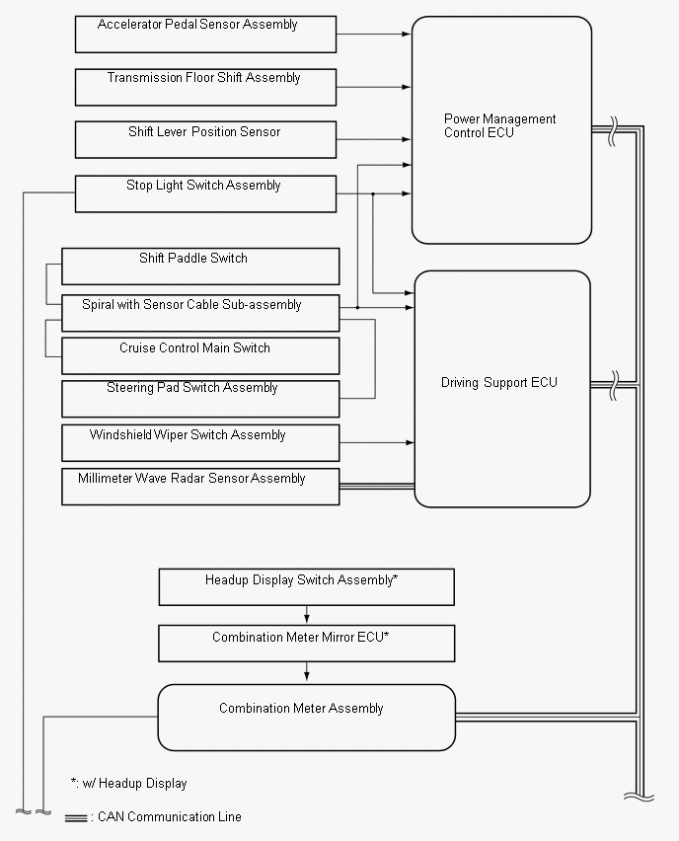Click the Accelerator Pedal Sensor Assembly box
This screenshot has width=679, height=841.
click(205, 35)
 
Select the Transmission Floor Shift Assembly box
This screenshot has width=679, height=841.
click(205, 87)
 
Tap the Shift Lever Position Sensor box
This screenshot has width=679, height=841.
click(205, 139)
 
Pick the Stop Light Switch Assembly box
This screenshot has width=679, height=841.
click(205, 193)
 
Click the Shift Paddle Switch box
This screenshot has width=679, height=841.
click(200, 267)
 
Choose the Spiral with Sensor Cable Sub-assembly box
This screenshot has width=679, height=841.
click(200, 313)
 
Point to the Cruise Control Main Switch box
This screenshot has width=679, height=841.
click(200, 355)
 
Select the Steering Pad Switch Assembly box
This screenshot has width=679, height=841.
click(200, 399)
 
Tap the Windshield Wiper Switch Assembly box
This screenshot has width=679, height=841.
click(200, 442)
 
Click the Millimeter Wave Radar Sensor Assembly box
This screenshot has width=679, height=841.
click(200, 487)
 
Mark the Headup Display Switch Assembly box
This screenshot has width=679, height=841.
click(306, 586)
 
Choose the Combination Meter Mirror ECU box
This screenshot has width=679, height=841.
click(306, 643)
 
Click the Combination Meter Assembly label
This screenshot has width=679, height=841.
click(301, 709)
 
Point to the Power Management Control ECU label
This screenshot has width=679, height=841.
click(499, 125)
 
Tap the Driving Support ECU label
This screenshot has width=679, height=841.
click(498, 382)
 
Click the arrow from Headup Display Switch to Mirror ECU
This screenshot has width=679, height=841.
click(306, 615)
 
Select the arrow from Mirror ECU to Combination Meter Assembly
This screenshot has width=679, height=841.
click(306, 671)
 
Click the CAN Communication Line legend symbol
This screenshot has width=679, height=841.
click(76, 818)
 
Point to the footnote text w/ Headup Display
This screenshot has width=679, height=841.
click(134, 784)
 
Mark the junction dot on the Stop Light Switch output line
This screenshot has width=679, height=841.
click(373, 193)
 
